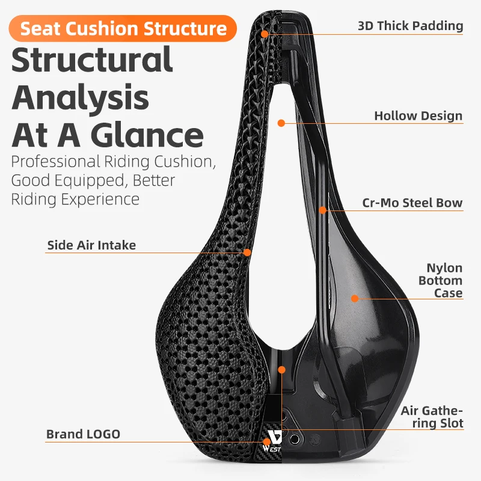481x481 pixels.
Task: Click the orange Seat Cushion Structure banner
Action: point(123,28)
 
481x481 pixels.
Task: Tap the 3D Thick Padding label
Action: point(410,25)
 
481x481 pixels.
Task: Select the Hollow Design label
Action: point(418,115)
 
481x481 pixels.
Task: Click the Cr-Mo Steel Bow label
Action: point(412,203)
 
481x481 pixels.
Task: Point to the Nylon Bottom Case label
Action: point(440,280)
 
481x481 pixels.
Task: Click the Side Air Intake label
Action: point(91,245)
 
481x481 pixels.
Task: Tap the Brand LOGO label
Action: point(83,434)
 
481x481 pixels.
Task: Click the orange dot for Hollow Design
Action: point(281,123)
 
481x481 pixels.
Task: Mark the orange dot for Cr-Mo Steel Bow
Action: point(323,210)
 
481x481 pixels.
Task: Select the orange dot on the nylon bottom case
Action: point(355,298)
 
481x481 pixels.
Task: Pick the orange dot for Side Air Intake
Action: point(247,253)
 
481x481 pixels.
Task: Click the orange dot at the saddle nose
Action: point(264,34)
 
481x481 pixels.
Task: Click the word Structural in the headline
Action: point(92,60)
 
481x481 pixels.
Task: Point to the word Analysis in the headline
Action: point(81,97)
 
